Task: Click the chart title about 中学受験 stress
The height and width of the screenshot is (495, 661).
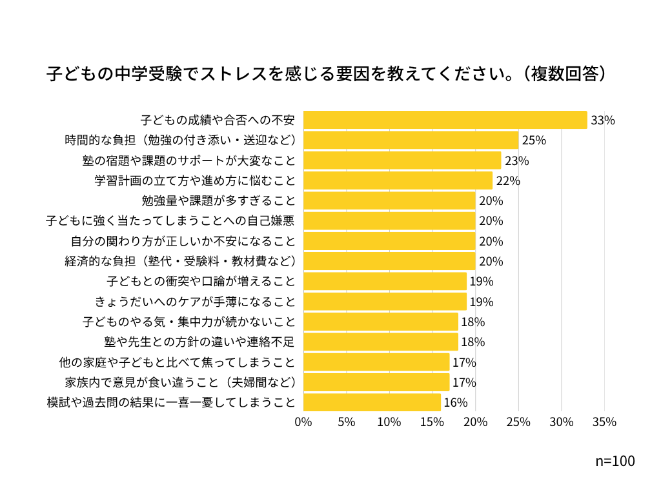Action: click(x=327, y=73)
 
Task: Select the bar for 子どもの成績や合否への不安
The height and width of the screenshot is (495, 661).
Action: click(x=445, y=120)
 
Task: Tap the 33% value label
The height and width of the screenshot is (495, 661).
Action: click(x=602, y=120)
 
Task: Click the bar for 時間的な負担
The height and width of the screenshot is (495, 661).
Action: click(x=411, y=140)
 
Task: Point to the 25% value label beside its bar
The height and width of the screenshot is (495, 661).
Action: click(x=534, y=140)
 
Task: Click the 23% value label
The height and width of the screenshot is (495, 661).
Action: click(x=516, y=160)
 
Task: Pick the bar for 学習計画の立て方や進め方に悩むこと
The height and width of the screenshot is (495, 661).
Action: click(x=398, y=180)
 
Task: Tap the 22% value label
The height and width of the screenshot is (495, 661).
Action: click(x=508, y=180)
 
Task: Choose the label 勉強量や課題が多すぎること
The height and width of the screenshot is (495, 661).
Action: click(x=218, y=200)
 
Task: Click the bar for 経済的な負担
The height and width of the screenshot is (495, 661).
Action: click(x=389, y=261)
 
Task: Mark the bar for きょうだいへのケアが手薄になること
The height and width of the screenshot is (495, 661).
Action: click(x=385, y=302)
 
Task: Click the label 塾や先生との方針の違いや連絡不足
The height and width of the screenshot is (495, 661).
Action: click(x=199, y=342)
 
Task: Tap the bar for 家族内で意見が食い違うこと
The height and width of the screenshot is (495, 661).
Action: click(x=376, y=382)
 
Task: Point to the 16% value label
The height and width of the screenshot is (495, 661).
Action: click(x=455, y=403)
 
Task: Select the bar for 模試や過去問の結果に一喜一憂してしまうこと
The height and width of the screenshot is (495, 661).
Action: click(x=372, y=402)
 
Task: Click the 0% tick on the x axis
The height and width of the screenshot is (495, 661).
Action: click(x=303, y=422)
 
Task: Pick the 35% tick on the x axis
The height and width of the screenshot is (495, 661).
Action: click(x=604, y=422)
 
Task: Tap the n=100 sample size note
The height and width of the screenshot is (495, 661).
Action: click(x=615, y=461)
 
